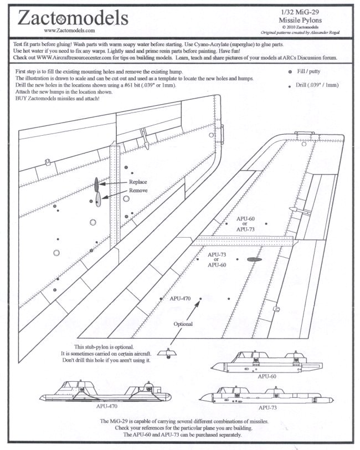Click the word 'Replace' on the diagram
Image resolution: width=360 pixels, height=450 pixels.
pyautogui.click(x=138, y=182)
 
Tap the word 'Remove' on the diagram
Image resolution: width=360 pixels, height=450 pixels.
pyautogui.click(x=138, y=190)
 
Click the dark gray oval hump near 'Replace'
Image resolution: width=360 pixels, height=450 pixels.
pyautogui.click(x=96, y=183)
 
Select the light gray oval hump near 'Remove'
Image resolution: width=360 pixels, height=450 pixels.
pyautogui.click(x=98, y=198)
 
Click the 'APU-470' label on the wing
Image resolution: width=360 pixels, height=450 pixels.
pyautogui.click(x=180, y=299)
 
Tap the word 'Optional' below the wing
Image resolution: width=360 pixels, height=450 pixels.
pyautogui.click(x=183, y=324)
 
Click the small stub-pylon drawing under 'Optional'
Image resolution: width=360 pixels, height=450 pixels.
pyautogui.click(x=167, y=353)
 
